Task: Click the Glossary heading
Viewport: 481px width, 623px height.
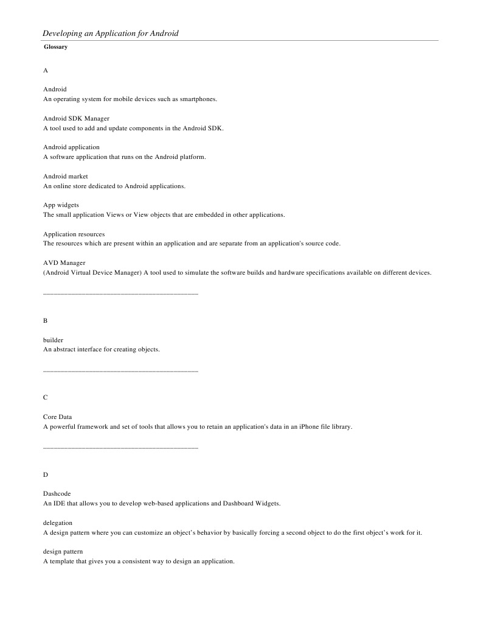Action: [55, 47]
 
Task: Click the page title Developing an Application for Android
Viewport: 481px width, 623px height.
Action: [110, 33]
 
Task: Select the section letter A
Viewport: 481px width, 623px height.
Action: [46, 71]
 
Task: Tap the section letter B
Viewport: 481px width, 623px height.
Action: [46, 320]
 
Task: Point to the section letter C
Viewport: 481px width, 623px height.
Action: [46, 397]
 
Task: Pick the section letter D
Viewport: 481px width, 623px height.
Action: [46, 474]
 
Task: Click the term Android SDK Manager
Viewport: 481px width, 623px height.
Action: [76, 118]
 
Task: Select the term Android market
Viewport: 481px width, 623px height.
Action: [66, 176]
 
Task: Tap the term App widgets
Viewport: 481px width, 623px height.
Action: [61, 205]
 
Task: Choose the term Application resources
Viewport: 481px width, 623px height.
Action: [74, 234]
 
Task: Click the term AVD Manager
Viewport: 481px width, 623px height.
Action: [64, 263]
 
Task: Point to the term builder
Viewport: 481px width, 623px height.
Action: [53, 340]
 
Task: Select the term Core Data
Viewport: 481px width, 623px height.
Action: [57, 417]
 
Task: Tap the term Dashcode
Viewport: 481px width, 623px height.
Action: [57, 493]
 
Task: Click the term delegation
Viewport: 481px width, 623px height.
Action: [58, 523]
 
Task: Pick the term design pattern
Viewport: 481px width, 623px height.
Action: [63, 551]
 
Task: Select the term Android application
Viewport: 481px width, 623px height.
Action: [71, 147]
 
